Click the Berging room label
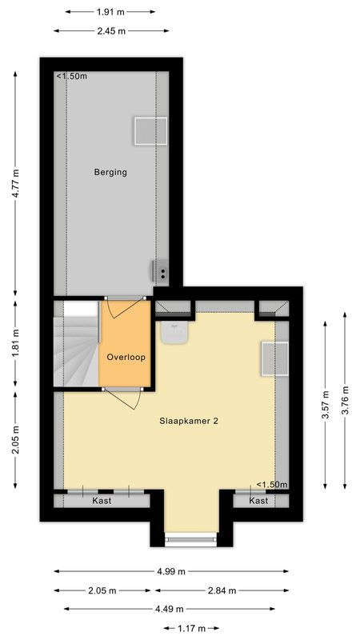click(x=110, y=172)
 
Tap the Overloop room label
click(x=126, y=358)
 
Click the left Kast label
click(x=102, y=501)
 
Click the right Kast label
click(x=258, y=501)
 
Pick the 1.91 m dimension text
click(x=110, y=12)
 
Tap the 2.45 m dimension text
click(x=110, y=31)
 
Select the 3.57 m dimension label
click(x=326, y=405)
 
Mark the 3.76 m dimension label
click(x=345, y=405)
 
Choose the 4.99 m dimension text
click(x=171, y=572)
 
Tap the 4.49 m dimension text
click(x=171, y=610)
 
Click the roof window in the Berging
click(x=150, y=130)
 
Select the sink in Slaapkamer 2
click(x=173, y=332)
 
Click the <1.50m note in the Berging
click(x=72, y=77)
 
